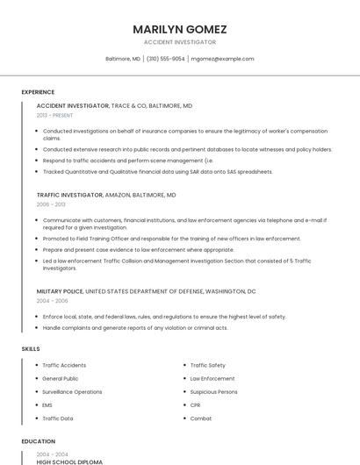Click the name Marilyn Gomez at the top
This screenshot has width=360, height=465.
click(x=179, y=28)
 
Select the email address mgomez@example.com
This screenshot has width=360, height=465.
click(x=222, y=59)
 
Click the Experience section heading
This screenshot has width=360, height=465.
click(x=38, y=92)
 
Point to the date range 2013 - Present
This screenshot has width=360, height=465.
click(x=54, y=115)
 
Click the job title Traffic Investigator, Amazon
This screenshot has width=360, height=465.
click(x=106, y=195)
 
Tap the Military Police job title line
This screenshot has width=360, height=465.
click(x=146, y=290)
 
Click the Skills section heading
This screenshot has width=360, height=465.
click(x=31, y=348)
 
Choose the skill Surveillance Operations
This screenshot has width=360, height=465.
click(x=72, y=391)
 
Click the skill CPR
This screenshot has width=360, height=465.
click(x=195, y=404)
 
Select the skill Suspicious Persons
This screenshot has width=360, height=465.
click(x=213, y=391)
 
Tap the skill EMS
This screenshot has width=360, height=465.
click(x=47, y=404)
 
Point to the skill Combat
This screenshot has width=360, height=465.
click(x=201, y=418)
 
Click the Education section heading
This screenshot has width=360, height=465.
click(x=38, y=441)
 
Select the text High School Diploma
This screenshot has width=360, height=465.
click(x=69, y=461)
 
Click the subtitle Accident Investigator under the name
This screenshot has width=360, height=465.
click(x=179, y=42)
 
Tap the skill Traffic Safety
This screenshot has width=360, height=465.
click(x=207, y=365)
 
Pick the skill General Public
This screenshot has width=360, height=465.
click(x=60, y=378)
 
